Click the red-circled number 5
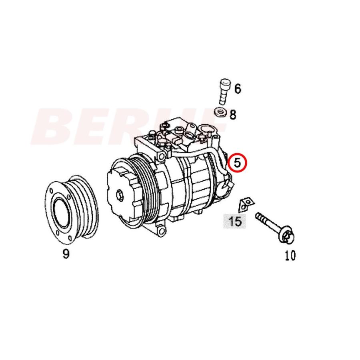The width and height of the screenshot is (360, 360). coord(237,162)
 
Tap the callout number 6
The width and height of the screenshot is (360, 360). coord(238,88)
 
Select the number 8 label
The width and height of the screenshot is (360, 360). coord(233,115)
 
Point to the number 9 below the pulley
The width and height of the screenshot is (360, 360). coord(66,254)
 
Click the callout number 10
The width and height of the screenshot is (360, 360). coord(290,255)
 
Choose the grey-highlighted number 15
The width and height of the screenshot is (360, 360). coord(235,220)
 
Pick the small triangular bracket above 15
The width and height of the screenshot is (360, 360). coord(245,204)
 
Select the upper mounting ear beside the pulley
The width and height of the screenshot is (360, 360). coord(161,154)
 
